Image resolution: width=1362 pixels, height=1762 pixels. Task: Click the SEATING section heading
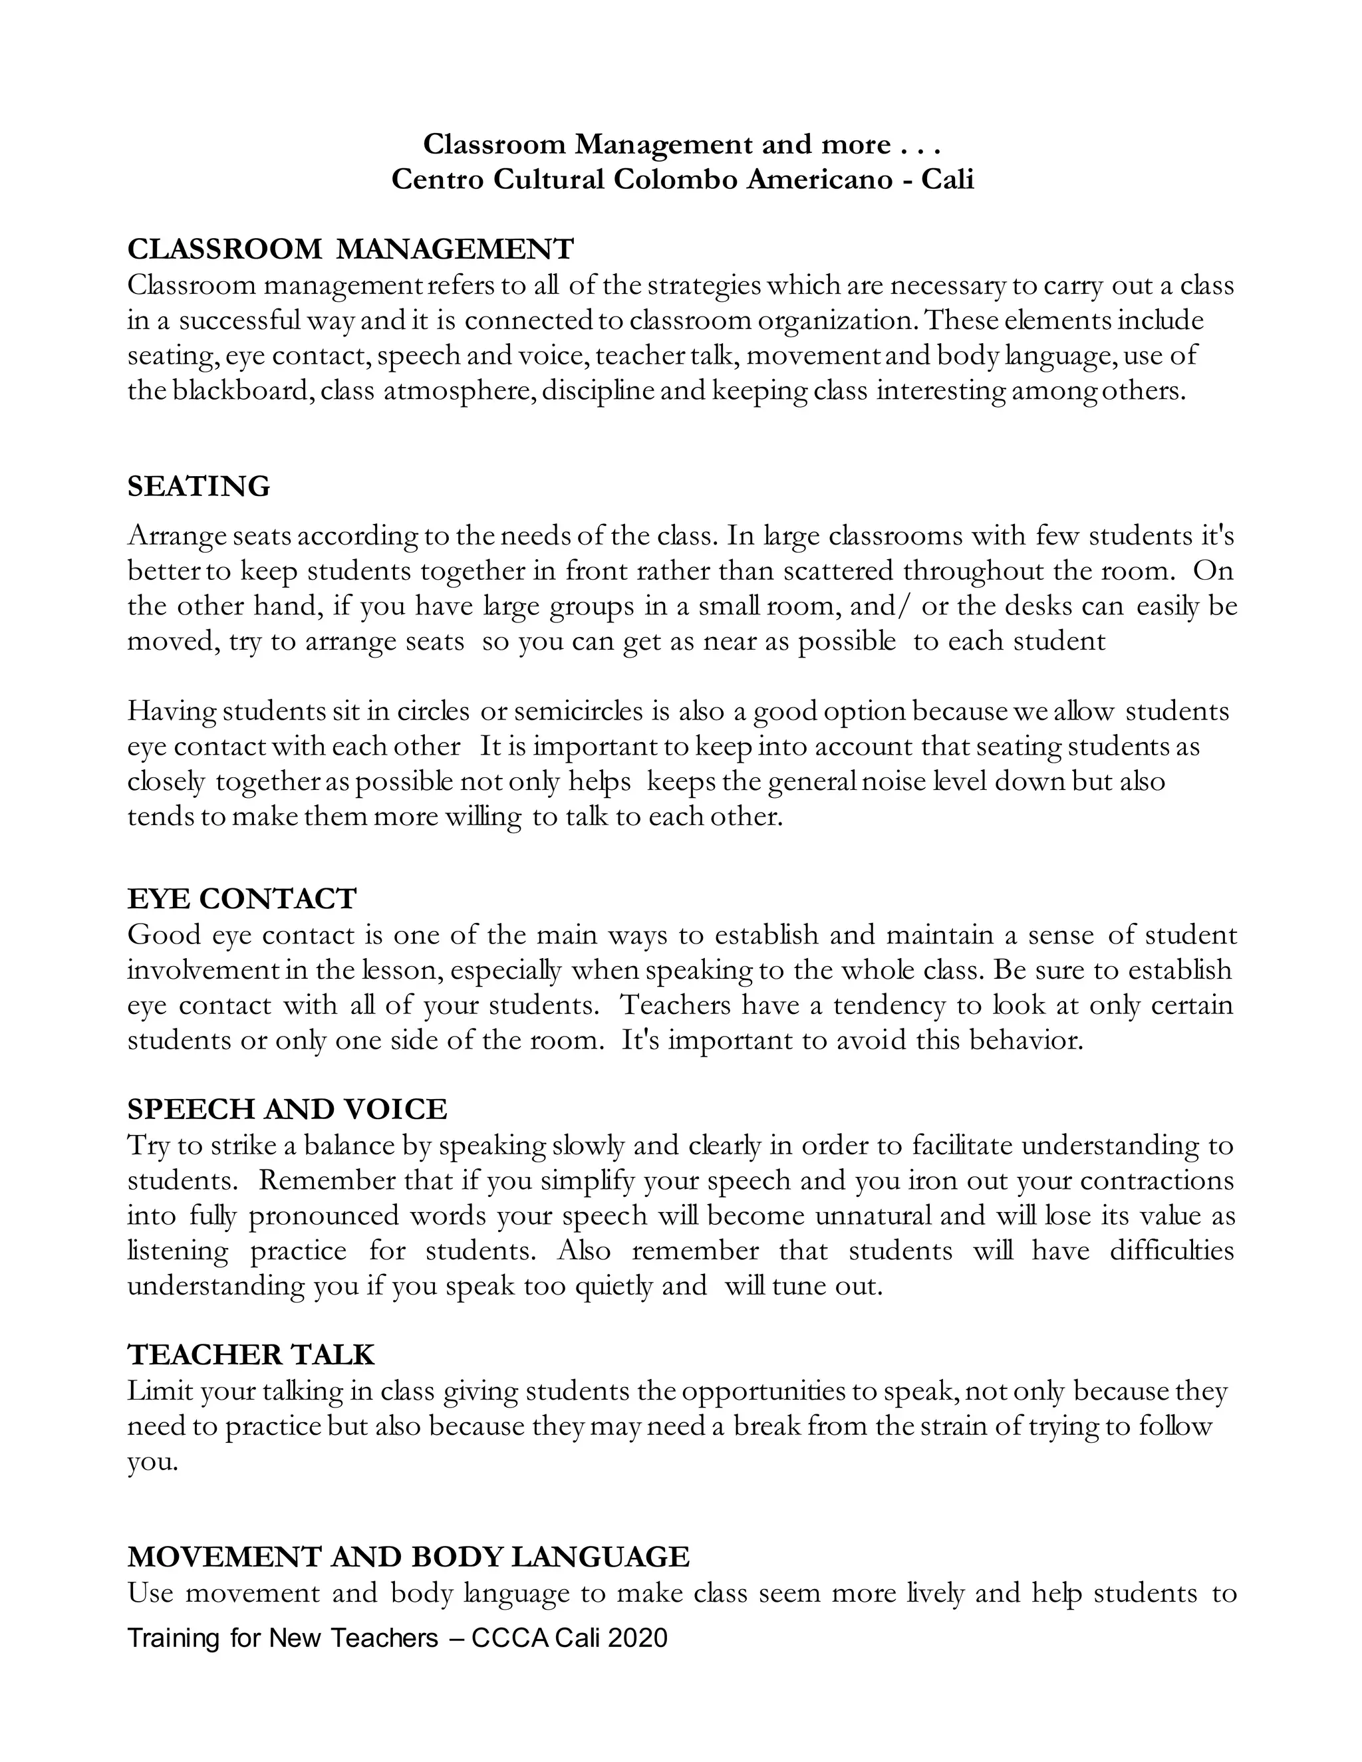click(x=198, y=487)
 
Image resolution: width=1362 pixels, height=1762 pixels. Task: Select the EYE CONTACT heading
click(x=241, y=899)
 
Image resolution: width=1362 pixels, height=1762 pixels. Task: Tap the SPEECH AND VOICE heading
click(x=287, y=1109)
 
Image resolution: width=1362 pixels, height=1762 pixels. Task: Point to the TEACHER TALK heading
click(x=251, y=1354)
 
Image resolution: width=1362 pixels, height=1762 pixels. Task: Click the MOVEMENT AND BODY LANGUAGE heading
click(x=408, y=1557)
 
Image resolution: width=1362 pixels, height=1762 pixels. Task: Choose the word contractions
click(x=1157, y=1180)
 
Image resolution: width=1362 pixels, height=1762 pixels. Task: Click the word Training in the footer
click(x=174, y=1638)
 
